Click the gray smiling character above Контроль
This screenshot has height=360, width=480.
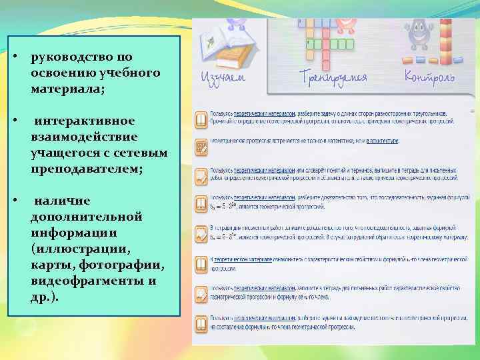click(x=419, y=37)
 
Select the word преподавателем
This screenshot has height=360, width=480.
click(x=86, y=169)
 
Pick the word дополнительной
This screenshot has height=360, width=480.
click(x=77, y=217)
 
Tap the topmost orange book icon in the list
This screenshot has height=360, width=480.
click(x=200, y=120)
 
